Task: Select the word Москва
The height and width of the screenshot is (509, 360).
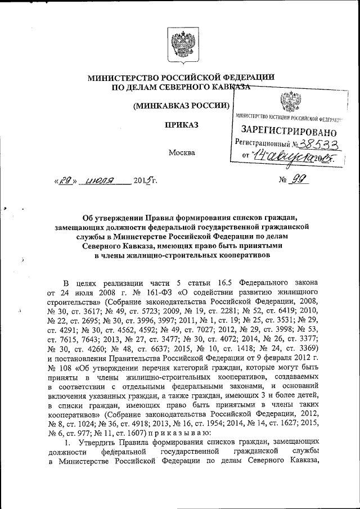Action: coord(182,152)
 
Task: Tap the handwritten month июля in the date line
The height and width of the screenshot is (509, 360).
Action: coord(98,181)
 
